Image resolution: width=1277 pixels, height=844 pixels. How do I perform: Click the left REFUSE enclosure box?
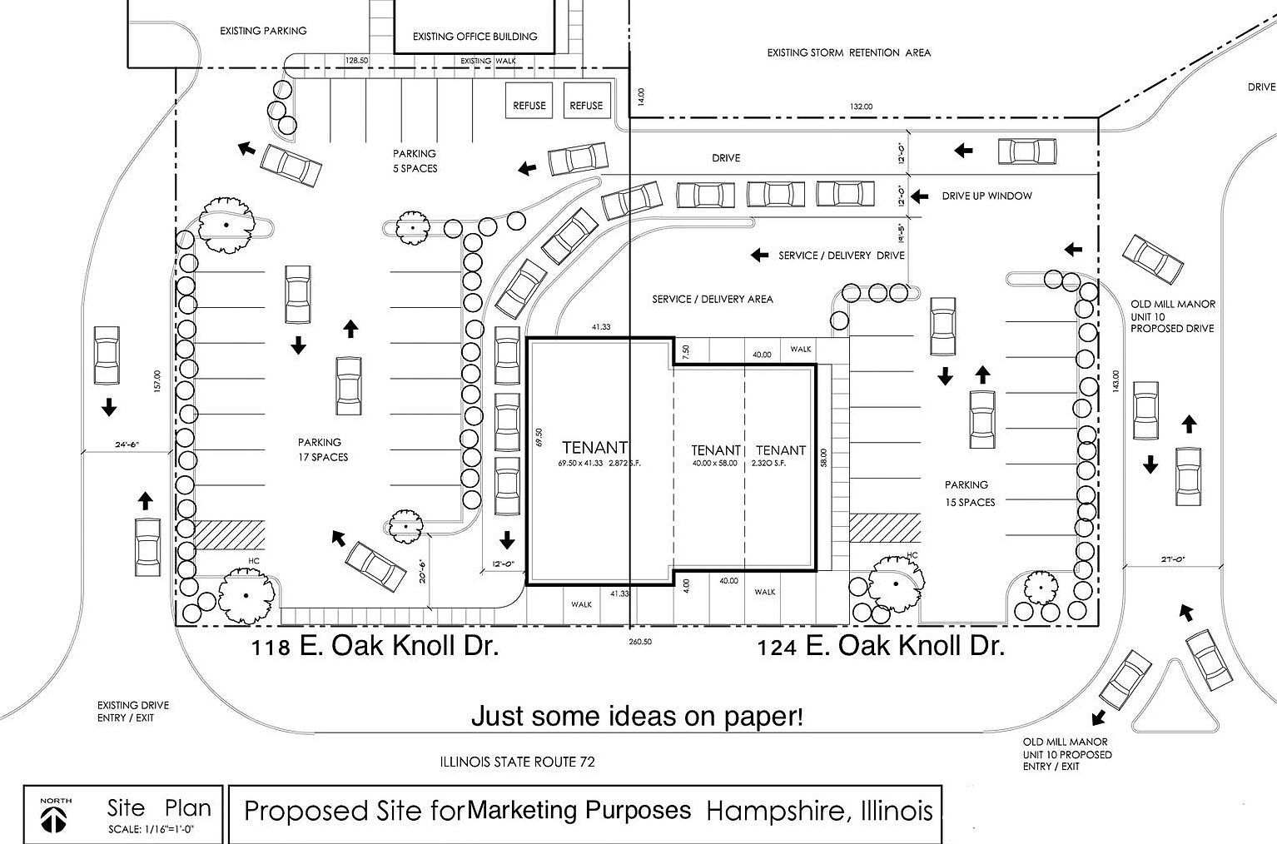coord(529,101)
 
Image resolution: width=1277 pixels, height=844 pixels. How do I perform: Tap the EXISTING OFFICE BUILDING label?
coord(475,37)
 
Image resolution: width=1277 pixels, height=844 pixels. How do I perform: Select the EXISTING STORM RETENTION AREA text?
coord(849,53)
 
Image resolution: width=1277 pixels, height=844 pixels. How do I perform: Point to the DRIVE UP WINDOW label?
coord(986,196)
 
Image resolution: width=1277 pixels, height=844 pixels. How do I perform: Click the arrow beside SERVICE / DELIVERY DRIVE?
coord(759,255)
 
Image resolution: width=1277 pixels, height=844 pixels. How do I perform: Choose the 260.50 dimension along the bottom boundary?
coord(640,642)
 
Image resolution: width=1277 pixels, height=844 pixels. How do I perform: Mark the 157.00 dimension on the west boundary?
coord(157,380)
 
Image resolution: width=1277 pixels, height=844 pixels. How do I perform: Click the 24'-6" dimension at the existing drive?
coord(127,444)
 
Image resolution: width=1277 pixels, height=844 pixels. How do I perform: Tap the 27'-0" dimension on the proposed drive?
coord(1173,559)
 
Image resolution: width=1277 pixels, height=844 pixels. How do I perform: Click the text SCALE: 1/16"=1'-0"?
coord(151,830)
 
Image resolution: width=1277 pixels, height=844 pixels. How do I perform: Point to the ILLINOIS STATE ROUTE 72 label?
coord(517,762)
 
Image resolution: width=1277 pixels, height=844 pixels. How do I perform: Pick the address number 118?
coord(271,648)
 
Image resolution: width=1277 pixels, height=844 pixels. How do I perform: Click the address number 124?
coord(777,648)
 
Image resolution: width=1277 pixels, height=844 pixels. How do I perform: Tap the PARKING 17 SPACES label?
coord(323,449)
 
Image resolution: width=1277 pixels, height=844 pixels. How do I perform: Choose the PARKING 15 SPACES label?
coord(970,494)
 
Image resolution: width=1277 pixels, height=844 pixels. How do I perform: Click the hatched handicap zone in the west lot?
coord(230,534)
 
